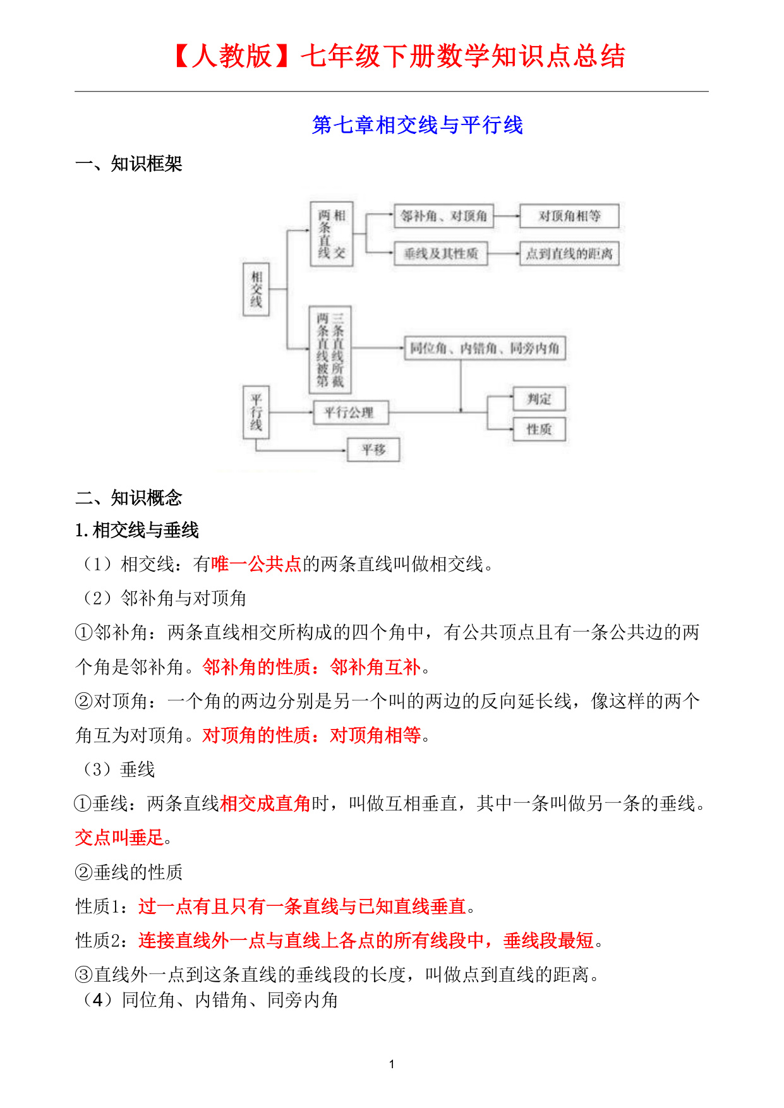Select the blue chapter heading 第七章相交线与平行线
click(x=417, y=125)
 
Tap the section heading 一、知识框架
click(x=128, y=164)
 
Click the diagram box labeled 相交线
click(x=256, y=289)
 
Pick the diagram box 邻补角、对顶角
click(x=443, y=216)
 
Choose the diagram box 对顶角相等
click(x=569, y=216)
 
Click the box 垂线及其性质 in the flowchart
click(x=441, y=254)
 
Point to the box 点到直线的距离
click(x=569, y=254)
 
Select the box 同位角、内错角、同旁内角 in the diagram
click(x=485, y=348)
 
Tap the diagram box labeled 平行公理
click(x=350, y=412)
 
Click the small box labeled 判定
click(x=539, y=399)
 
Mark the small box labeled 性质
click(x=539, y=430)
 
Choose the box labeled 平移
click(x=373, y=450)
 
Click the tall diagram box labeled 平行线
click(x=256, y=412)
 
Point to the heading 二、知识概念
click(x=128, y=498)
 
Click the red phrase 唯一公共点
click(x=256, y=564)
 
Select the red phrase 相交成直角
click(x=265, y=804)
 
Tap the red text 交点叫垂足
click(x=119, y=838)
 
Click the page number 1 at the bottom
click(x=392, y=1064)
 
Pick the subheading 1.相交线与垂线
click(x=137, y=530)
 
